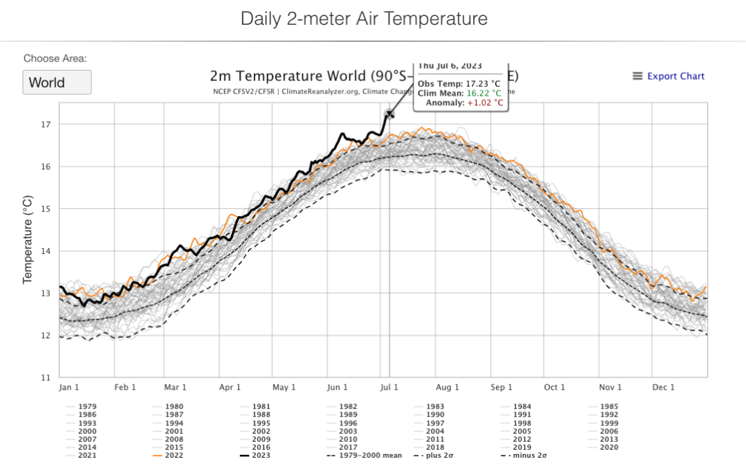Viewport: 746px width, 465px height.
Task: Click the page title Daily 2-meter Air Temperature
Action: [364, 19]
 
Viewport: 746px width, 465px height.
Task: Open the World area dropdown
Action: [57, 82]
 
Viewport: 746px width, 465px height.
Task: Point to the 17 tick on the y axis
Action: [46, 124]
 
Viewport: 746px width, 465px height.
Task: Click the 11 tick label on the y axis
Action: [45, 378]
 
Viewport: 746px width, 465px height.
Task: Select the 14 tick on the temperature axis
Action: [45, 251]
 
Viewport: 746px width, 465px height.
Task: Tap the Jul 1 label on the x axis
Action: [388, 388]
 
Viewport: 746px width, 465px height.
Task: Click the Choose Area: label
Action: [55, 58]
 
